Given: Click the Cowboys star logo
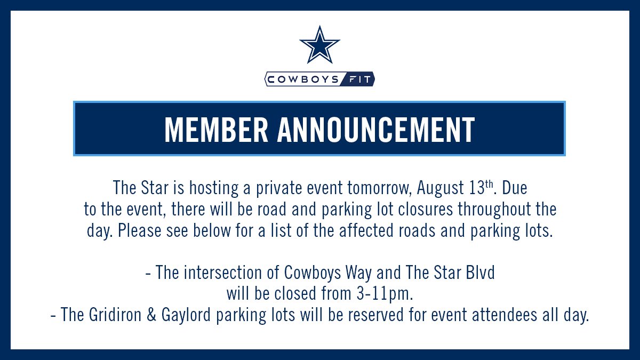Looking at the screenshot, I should [x=319, y=45].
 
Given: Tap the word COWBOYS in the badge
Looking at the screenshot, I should [x=302, y=80].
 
